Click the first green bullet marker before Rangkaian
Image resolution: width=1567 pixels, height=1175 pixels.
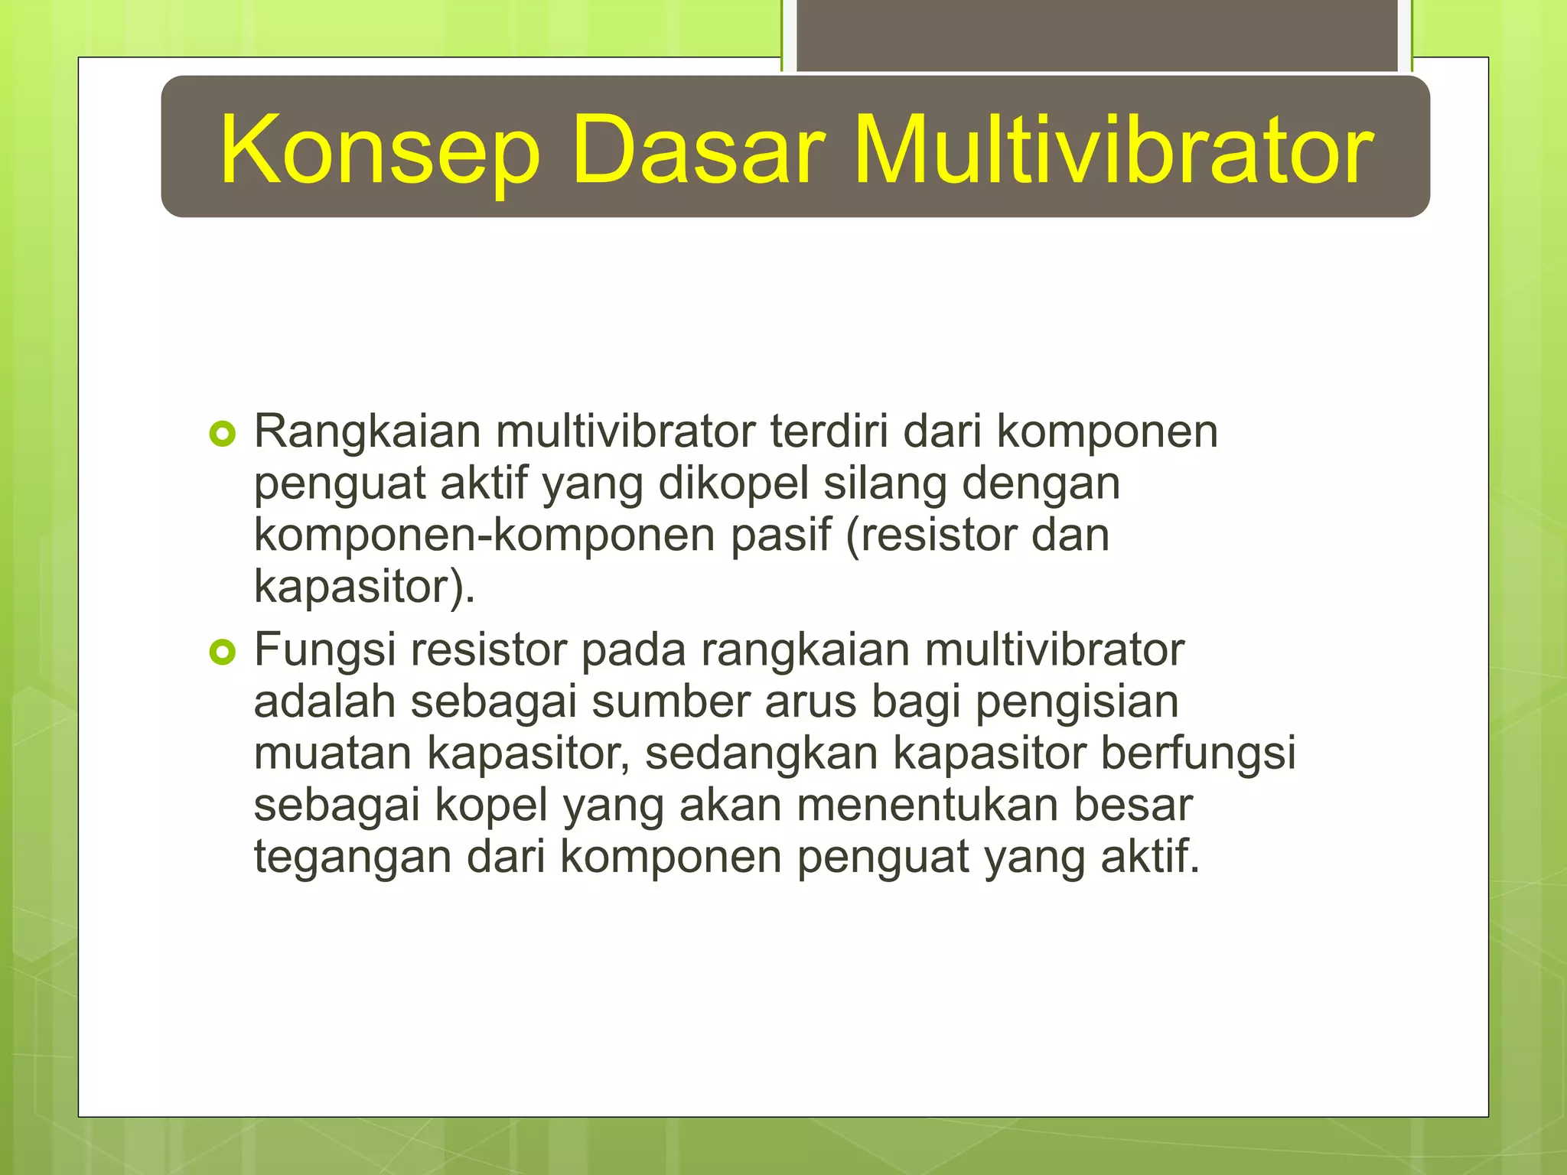point(222,435)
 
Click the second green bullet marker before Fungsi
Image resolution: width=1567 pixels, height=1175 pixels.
point(222,653)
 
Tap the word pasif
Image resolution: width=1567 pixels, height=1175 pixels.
point(780,535)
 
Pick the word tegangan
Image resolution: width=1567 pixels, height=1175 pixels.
point(353,858)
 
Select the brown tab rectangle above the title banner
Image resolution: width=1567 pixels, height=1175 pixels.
point(1096,35)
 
